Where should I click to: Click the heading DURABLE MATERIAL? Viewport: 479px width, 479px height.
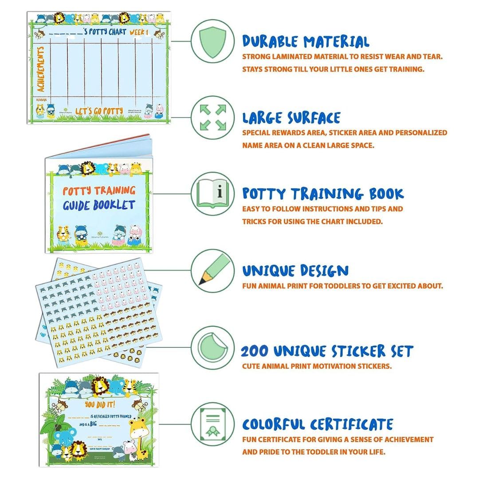(306, 42)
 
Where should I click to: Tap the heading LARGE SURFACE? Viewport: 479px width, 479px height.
(291, 118)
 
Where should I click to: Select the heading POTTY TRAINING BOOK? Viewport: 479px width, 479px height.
(323, 194)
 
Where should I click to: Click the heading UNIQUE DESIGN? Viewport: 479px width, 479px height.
(295, 271)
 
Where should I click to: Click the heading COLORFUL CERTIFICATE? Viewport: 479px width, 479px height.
(318, 424)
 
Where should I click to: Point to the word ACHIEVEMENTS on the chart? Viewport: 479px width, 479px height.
(40, 69)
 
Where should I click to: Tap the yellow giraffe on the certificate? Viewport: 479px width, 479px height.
(138, 436)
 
